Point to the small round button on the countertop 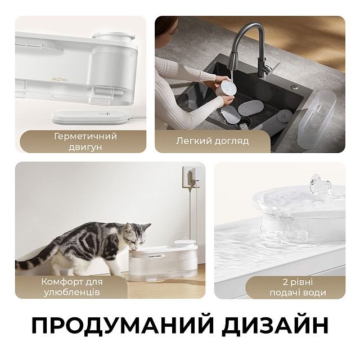pos(293,88)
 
